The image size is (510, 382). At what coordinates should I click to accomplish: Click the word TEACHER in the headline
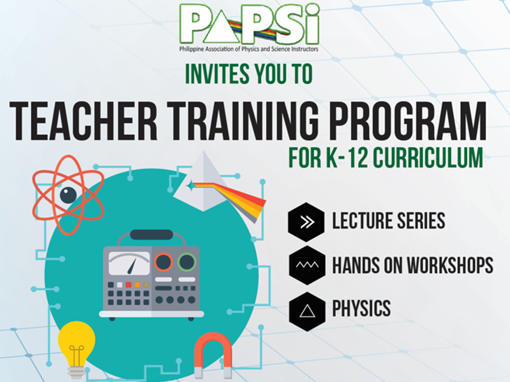[84, 121]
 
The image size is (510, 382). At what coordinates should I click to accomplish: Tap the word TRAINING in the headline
[243, 121]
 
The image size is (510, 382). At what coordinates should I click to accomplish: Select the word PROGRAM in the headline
[408, 121]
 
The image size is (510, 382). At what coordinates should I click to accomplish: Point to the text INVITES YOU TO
[249, 74]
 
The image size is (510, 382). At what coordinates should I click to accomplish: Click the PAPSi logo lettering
[249, 24]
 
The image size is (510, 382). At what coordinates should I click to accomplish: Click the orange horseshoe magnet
[213, 355]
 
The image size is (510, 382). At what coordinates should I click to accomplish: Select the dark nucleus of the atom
[69, 195]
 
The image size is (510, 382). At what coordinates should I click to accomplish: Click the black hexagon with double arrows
[307, 222]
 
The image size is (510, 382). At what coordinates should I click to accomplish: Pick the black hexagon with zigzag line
[307, 265]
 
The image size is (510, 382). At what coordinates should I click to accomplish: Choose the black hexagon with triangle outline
[307, 311]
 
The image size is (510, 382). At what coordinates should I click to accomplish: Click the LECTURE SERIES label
[389, 221]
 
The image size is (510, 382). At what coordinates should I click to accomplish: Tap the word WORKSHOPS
[450, 265]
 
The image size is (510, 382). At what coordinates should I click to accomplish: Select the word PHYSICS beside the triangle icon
[362, 308]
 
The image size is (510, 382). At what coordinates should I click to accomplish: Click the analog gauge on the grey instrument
[129, 263]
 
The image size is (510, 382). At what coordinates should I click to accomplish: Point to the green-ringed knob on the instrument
[187, 262]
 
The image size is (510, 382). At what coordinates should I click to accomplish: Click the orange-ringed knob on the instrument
[163, 262]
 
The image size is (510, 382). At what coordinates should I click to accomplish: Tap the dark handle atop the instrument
[151, 235]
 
